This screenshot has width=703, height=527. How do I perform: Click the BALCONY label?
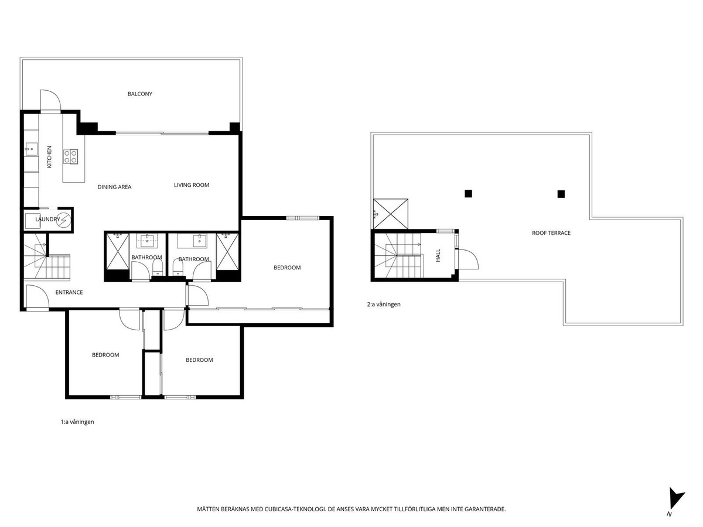[139, 94]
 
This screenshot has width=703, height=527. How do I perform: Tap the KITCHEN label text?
[49, 157]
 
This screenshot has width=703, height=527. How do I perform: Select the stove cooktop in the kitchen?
[70, 157]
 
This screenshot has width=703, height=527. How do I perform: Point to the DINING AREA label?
[114, 187]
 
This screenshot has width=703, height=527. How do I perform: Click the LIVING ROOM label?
[191, 185]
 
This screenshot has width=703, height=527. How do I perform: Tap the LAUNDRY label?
[47, 219]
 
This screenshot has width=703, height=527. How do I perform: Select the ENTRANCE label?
[69, 292]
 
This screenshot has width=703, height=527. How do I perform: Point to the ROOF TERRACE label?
[551, 233]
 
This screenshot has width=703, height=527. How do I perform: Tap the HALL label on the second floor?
[438, 255]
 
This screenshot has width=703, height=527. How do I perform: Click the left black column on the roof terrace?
[468, 194]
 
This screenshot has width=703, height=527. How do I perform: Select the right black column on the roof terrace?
[561, 194]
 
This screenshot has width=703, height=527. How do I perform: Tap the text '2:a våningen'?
[384, 304]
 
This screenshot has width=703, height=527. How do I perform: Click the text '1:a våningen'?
[77, 422]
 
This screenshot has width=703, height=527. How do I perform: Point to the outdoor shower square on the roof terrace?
[391, 214]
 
